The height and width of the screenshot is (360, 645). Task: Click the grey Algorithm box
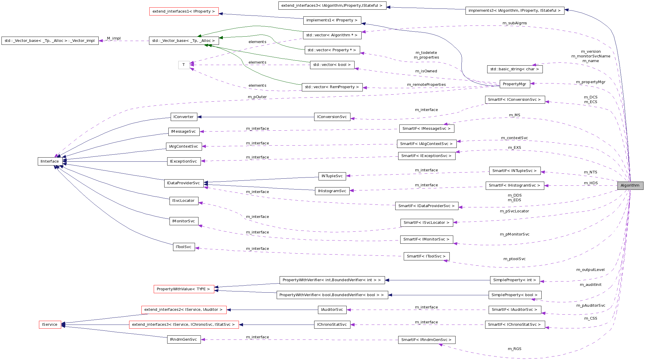(x=630, y=185)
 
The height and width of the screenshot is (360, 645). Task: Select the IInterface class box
(x=50, y=161)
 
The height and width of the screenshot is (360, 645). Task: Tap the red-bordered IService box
(x=50, y=325)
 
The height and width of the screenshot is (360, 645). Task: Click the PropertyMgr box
(x=514, y=84)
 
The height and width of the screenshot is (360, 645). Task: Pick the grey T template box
(x=184, y=65)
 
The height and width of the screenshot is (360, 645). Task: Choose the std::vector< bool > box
(x=332, y=65)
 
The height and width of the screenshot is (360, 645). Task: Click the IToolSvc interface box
(x=184, y=247)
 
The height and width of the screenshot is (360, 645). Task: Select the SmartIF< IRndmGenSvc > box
(x=426, y=340)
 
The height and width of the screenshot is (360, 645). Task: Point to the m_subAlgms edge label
(x=514, y=23)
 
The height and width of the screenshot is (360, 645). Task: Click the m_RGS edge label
(x=514, y=349)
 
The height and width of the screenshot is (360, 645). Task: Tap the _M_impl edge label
(x=114, y=38)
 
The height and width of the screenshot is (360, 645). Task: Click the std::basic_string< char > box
(x=514, y=69)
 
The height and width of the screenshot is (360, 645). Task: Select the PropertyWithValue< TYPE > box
(x=183, y=289)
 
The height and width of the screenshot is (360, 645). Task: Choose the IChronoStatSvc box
(x=332, y=325)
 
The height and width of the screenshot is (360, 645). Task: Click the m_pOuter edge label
(x=257, y=97)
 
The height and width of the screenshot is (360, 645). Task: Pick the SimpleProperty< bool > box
(x=514, y=295)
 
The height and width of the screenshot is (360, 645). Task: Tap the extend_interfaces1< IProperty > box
(x=184, y=11)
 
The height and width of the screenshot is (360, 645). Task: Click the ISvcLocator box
(x=184, y=201)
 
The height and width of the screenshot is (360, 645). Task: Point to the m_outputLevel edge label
(x=590, y=270)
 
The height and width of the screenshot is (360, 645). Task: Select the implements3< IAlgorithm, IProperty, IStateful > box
(x=514, y=11)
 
